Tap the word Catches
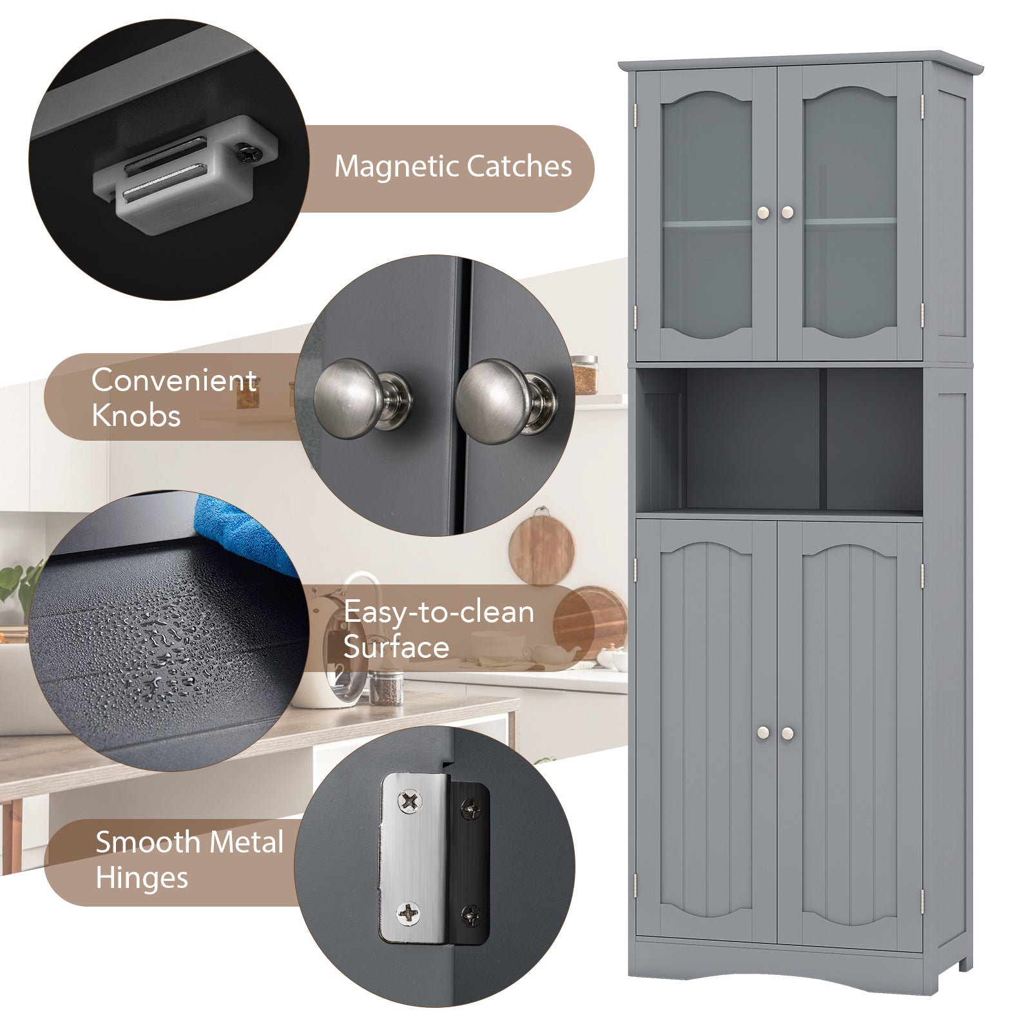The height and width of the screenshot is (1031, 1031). pos(519,166)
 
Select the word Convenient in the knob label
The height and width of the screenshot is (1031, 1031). pos(174,380)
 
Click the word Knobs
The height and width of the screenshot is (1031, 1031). pos(136,416)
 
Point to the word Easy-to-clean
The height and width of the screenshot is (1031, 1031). pos(439,612)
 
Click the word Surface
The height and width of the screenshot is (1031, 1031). pos(396,648)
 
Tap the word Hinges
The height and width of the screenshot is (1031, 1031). pos(142,878)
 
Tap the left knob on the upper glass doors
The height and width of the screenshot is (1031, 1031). pos(763,212)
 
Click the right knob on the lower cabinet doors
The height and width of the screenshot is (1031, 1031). pos(787,733)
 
